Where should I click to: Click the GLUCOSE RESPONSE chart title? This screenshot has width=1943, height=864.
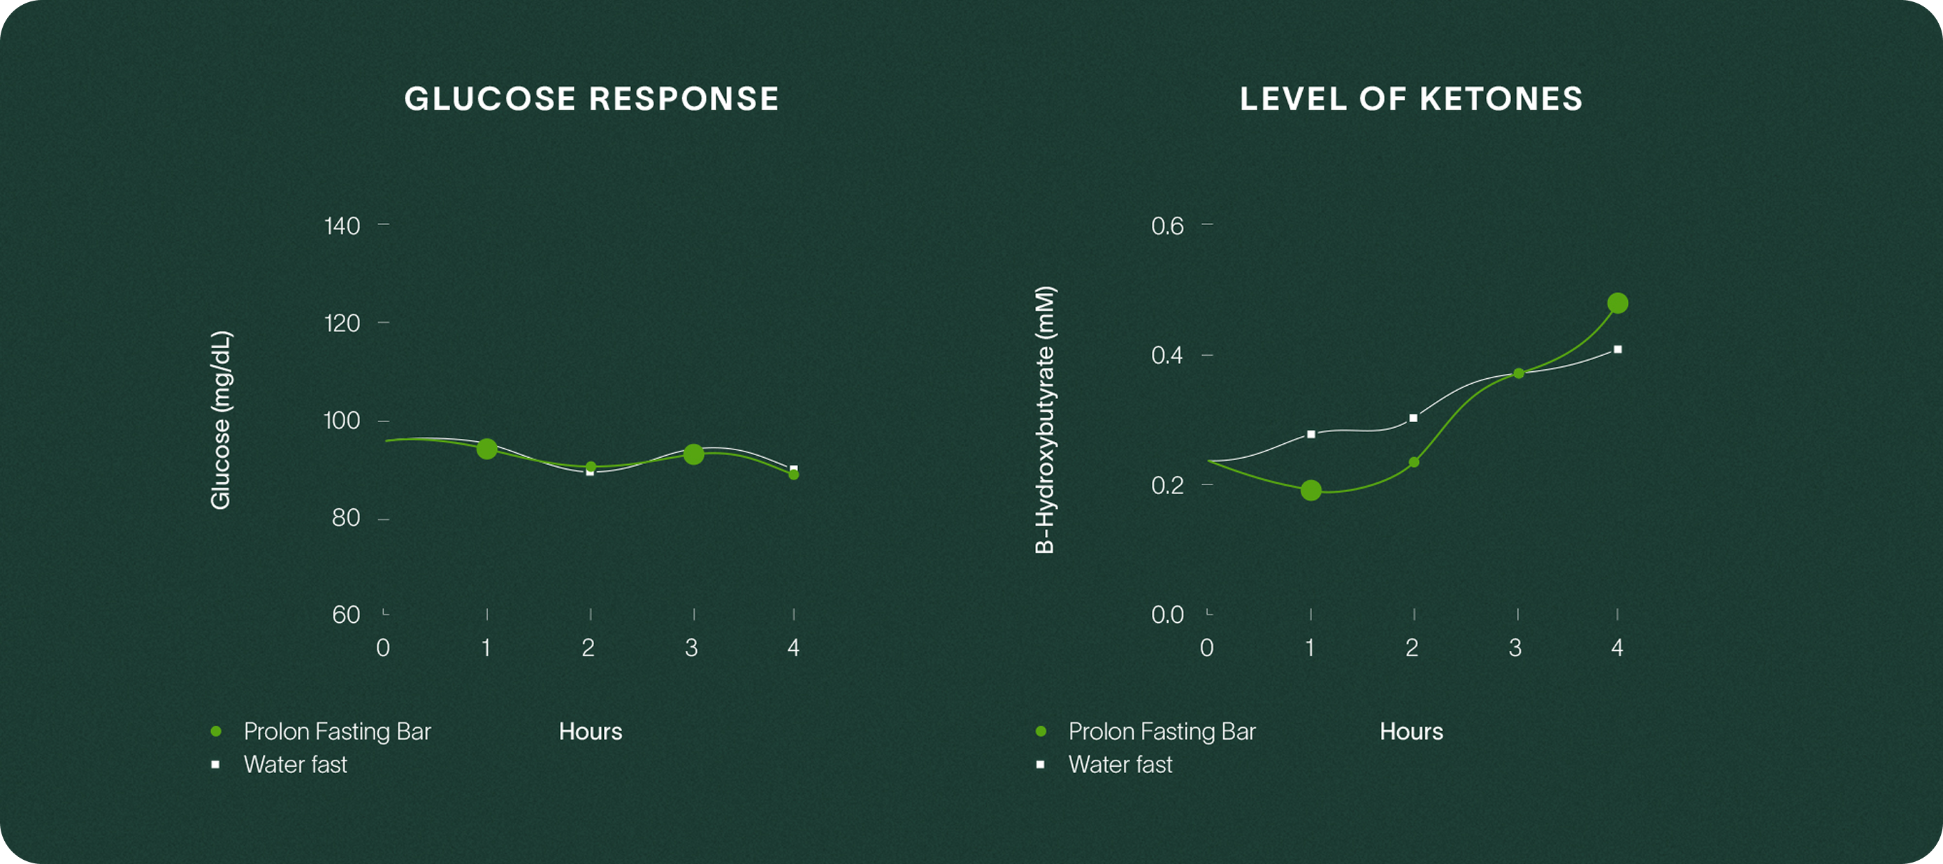point(591,99)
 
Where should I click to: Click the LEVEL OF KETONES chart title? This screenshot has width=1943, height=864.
point(1410,99)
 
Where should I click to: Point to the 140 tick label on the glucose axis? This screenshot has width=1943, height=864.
point(342,226)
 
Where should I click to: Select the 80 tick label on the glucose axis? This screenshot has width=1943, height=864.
point(345,518)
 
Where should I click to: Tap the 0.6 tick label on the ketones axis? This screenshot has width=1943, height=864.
point(1167,226)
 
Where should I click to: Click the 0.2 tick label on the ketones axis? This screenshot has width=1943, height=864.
point(1167,485)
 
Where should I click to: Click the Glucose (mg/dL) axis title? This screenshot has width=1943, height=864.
point(220,419)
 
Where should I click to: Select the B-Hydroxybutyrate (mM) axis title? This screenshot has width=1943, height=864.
point(1045,419)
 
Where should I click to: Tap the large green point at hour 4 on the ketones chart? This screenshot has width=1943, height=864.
point(1617,303)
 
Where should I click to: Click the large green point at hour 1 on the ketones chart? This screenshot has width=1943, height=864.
point(1311,491)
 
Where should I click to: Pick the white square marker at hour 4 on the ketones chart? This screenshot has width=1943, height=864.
point(1617,350)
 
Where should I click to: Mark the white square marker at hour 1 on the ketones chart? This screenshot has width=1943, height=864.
point(1311,434)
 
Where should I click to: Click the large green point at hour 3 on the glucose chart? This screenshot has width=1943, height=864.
point(693,454)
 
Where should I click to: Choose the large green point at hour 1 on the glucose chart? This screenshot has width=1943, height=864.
point(487,449)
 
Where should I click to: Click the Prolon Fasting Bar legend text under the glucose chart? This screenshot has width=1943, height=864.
point(337,731)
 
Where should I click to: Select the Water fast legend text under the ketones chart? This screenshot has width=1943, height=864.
point(1120,765)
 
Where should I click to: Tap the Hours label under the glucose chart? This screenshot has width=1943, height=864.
point(591,731)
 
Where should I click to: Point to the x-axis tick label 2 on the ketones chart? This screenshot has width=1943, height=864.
point(1412,647)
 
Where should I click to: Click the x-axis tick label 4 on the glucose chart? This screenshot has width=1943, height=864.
point(793,647)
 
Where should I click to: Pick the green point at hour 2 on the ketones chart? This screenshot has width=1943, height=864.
point(1413,462)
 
